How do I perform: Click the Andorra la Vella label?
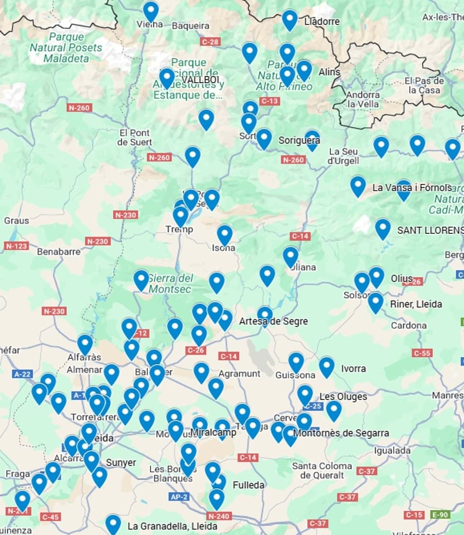[x=363, y=99]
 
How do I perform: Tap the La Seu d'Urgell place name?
[x=343, y=156]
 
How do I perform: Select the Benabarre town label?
[x=59, y=252]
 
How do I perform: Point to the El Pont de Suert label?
[x=134, y=137]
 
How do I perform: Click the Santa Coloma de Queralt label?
[x=322, y=470]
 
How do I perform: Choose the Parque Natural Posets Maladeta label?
[x=66, y=47]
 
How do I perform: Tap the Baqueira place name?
[x=190, y=26]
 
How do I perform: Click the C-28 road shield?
[x=210, y=42]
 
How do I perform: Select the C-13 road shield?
[x=269, y=101]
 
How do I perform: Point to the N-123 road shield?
[x=16, y=246]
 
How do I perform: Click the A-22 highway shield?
[x=23, y=374]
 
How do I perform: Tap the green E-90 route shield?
[x=440, y=514]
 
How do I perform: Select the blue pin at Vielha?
[x=150, y=11]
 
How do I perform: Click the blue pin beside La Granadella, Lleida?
[x=113, y=524]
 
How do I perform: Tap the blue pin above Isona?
[x=224, y=234]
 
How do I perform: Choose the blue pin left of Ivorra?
[x=326, y=366]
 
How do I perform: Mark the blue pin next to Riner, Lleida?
[x=375, y=302]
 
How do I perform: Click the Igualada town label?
[x=392, y=451]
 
